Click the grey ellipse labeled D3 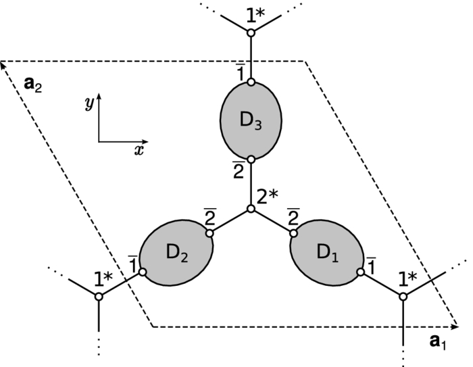[251, 121]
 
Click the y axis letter [89, 102]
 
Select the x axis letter [139, 150]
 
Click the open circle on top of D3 [251, 82]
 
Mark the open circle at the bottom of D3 [251, 160]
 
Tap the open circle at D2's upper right [209, 233]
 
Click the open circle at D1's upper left [293, 234]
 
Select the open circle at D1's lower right [362, 272]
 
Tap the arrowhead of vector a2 [5, 64]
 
